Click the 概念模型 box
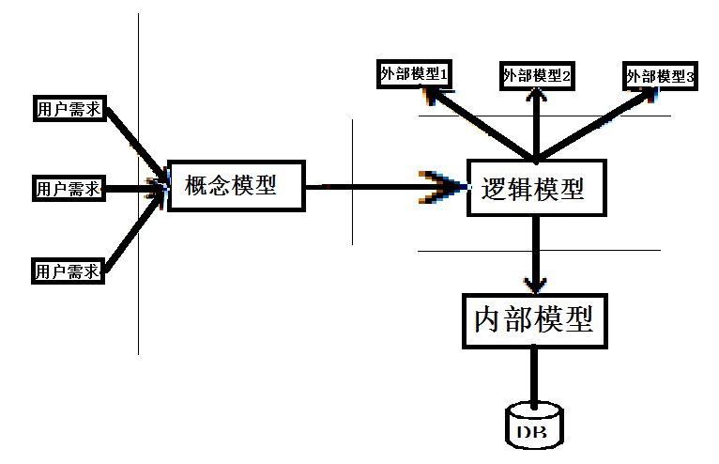pyautogui.click(x=237, y=186)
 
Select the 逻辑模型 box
pyautogui.click(x=537, y=188)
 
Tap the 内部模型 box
pyautogui.click(x=535, y=321)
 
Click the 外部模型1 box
pyautogui.click(x=415, y=74)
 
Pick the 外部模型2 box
pyautogui.click(x=537, y=76)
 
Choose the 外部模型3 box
pyautogui.click(x=660, y=76)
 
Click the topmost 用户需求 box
pyautogui.click(x=69, y=109)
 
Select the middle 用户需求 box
pyautogui.click(x=69, y=188)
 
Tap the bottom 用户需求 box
pyautogui.click(x=68, y=271)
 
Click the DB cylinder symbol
pyautogui.click(x=534, y=425)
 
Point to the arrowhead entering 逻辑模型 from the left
pyautogui.click(x=443, y=187)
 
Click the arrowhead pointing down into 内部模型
pyautogui.click(x=535, y=285)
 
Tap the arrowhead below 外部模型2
pyautogui.click(x=536, y=95)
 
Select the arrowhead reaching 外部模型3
pyautogui.click(x=646, y=96)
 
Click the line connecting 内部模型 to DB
pyautogui.click(x=534, y=378)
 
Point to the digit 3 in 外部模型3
pyautogui.click(x=690, y=77)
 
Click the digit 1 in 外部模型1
pyautogui.click(x=443, y=74)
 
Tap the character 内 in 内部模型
pyautogui.click(x=486, y=320)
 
